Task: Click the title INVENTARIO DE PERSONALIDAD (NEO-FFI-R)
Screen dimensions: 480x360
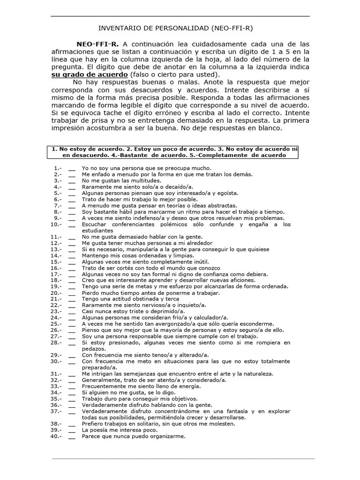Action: (x=180, y=28)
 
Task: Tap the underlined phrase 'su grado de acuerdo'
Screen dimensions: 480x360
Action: (x=89, y=75)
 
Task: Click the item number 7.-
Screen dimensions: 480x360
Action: (x=58, y=205)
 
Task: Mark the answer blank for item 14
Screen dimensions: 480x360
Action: (x=71, y=255)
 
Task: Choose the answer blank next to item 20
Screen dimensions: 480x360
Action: (x=71, y=293)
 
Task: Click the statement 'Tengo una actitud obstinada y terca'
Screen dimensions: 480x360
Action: (x=130, y=299)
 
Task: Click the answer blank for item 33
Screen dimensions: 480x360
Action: (x=71, y=386)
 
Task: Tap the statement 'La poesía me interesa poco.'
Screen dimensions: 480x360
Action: (x=120, y=430)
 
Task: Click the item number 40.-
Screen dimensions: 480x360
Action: (x=57, y=436)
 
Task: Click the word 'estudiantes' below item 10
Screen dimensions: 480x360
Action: (x=97, y=231)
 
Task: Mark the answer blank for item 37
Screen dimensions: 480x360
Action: (x=71, y=411)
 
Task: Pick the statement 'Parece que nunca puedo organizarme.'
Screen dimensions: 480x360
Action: (x=134, y=436)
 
